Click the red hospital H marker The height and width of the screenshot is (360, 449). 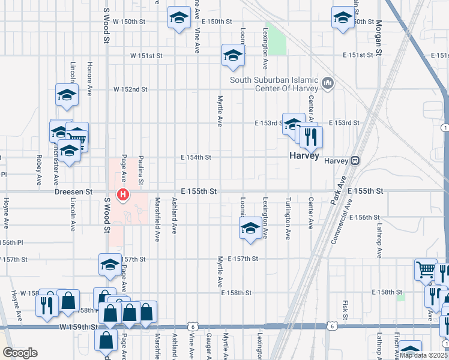point(124,194)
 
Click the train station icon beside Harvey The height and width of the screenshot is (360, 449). point(355,161)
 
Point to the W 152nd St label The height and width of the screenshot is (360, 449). point(130,89)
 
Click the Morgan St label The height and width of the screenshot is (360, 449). point(379,38)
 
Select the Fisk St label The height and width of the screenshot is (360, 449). point(346,309)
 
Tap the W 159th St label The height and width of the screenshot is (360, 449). point(79,327)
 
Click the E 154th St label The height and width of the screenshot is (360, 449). point(196,157)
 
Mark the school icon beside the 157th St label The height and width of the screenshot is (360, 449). point(110,264)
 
